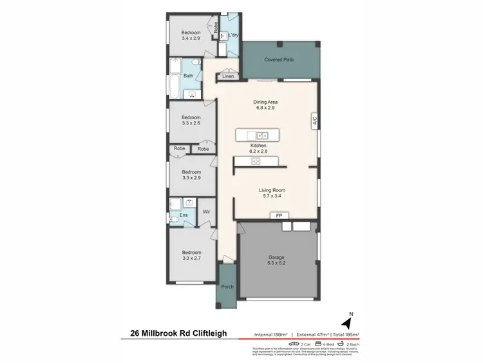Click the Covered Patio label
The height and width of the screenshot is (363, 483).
[279, 60]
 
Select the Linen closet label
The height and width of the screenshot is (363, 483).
[228, 77]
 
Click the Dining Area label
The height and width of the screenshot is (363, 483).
[266, 105]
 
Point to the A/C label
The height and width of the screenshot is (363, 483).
[315, 120]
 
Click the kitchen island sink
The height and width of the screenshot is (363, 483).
[263, 135]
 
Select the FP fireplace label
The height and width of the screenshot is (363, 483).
[279, 215]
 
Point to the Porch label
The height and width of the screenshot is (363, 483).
[227, 287]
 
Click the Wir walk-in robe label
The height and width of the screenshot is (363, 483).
[207, 211]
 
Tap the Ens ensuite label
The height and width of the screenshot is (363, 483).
[184, 215]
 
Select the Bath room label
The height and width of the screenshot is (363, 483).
[188, 76]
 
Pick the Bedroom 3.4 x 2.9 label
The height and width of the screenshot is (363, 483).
[191, 36]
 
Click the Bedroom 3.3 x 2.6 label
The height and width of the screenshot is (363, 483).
[191, 119]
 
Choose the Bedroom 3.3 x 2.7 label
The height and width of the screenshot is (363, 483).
[191, 256]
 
